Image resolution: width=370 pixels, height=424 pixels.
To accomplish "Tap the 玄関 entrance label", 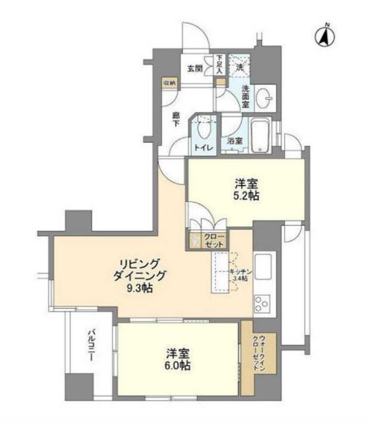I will pos(195,68).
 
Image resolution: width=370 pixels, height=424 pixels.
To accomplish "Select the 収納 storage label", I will pos(168,82).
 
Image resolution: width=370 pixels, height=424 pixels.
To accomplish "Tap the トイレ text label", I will pos(203,146).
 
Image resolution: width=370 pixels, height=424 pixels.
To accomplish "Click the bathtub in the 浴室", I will pos(261,136).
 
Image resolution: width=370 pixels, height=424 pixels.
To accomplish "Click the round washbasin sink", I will pos(265,98).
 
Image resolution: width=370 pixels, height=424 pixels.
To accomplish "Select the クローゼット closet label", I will pos(215,239).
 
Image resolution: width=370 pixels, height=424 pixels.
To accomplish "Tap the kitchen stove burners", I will pos(263,301).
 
